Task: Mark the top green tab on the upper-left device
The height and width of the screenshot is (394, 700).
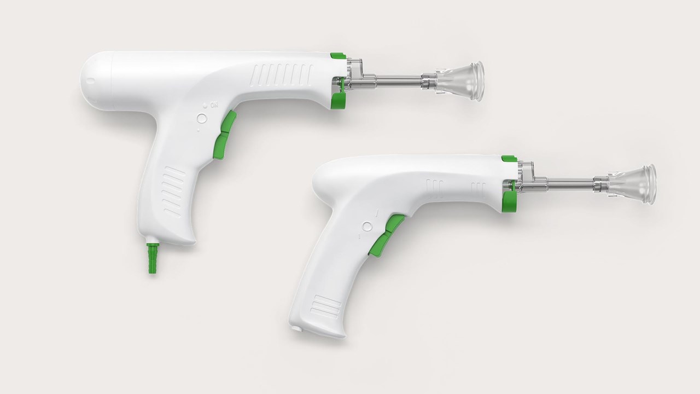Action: coord(338,55)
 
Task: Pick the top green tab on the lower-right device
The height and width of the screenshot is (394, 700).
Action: coord(509,159)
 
